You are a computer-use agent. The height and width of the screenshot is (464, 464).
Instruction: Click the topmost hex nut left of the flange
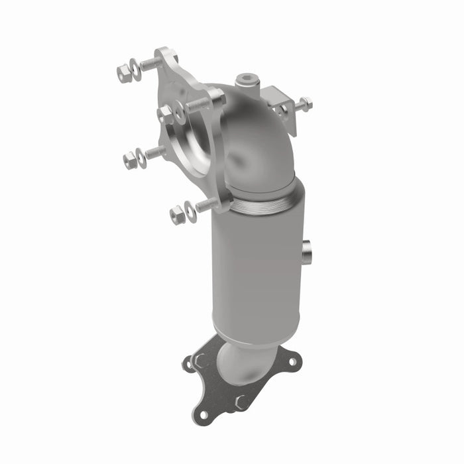tap(123, 73)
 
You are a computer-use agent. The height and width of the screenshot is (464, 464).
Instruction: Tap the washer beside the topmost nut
tap(135, 68)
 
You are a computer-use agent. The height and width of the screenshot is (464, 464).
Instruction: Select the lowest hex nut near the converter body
tap(177, 215)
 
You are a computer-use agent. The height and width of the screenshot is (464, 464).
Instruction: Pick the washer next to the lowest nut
tap(190, 210)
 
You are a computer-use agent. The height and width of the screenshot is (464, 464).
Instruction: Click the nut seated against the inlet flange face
tap(166, 115)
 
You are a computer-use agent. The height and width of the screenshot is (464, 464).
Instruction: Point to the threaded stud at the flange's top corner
tap(150, 64)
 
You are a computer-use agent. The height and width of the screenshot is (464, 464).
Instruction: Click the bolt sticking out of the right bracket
tap(304, 104)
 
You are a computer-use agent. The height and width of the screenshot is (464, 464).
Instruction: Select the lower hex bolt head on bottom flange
tap(243, 402)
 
